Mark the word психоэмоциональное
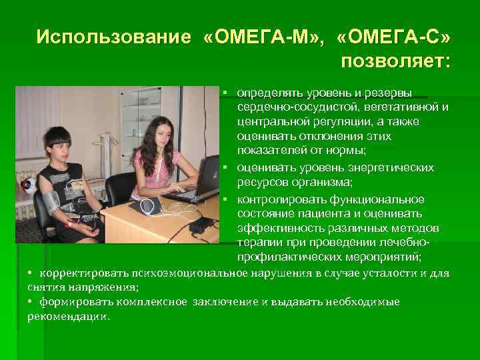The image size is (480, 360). coord(171,273)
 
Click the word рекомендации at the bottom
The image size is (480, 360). coord(67,317)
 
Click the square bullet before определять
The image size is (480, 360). coord(227,91)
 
